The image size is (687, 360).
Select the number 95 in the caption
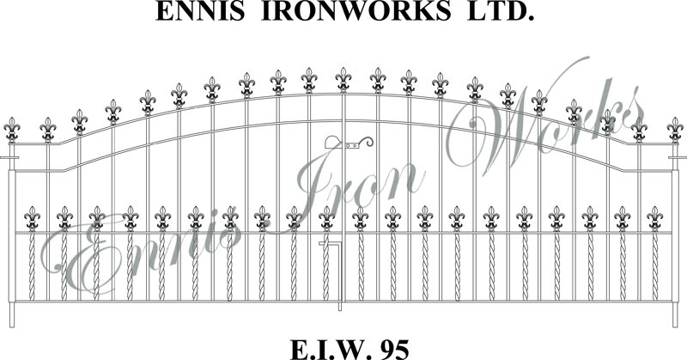pos(395,350)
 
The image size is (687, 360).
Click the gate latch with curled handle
pos(349,142)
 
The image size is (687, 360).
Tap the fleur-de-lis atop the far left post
pos(12,131)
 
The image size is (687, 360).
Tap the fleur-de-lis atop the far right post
pos(675,131)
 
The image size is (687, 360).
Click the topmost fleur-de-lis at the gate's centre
pos(343,80)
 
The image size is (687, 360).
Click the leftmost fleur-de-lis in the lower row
pos(32,219)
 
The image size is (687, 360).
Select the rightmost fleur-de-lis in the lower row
pos(654,219)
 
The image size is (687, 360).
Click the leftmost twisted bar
pos(32,266)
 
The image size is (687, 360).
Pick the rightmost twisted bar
pos(654,266)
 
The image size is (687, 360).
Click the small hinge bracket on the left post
pos(9,157)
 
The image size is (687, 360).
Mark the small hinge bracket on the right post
pos(678,157)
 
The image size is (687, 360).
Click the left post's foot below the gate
pos(12,314)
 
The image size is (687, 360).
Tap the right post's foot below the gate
pos(675,314)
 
